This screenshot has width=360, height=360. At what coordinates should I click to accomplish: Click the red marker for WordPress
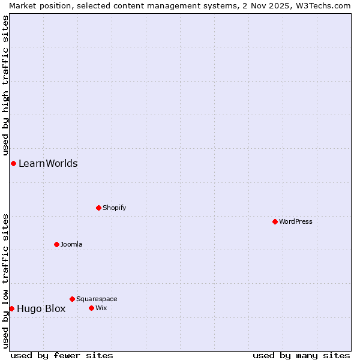click(x=275, y=221)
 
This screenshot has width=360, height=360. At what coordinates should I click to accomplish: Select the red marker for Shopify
click(x=98, y=208)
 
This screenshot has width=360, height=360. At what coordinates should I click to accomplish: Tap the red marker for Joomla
click(x=56, y=244)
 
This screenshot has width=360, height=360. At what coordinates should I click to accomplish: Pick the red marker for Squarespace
click(x=72, y=299)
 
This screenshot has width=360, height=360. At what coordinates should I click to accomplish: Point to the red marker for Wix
click(x=91, y=308)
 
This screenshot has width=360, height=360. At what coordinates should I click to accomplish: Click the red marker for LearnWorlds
click(x=13, y=163)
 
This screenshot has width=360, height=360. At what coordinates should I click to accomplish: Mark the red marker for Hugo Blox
click(x=11, y=308)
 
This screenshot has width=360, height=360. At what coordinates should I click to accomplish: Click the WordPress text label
click(x=296, y=221)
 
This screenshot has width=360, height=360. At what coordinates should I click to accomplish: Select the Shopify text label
click(x=114, y=208)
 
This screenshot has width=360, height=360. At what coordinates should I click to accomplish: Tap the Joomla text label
click(x=71, y=244)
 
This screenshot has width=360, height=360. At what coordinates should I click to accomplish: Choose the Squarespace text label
click(x=97, y=299)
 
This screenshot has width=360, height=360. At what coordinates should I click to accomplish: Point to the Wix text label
click(x=101, y=308)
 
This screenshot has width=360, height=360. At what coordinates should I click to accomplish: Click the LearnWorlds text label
click(x=48, y=163)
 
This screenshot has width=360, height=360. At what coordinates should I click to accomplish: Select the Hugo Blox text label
click(x=41, y=309)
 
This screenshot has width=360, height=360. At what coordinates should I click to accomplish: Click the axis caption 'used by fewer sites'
click(x=62, y=355)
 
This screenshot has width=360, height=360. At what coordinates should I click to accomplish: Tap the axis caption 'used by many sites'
click(x=301, y=355)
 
